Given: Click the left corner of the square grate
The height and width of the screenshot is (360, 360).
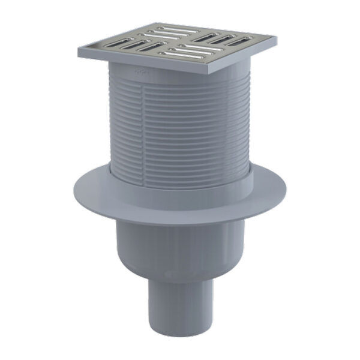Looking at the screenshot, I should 79,53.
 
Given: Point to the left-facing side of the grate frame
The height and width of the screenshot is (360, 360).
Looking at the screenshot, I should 144,63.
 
